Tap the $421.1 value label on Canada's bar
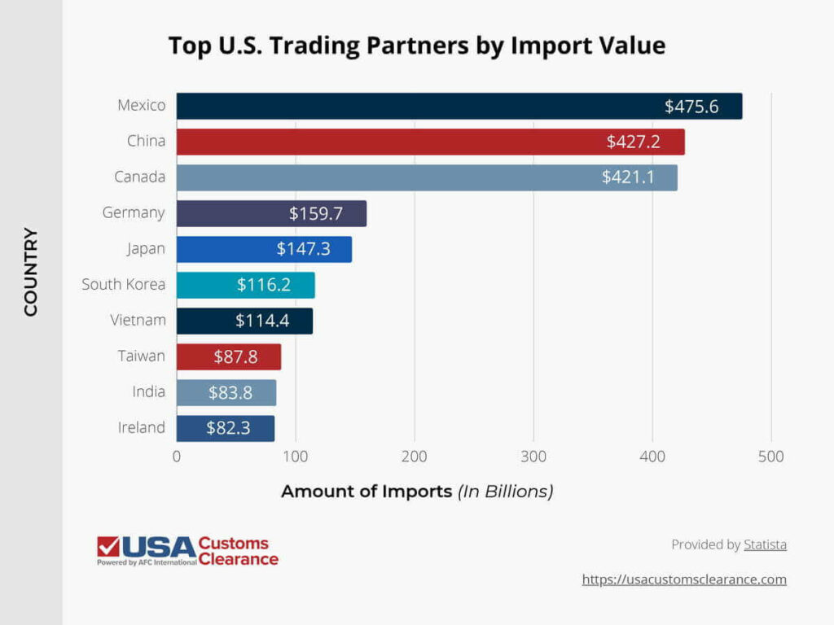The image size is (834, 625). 628,177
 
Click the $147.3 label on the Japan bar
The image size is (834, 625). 303,249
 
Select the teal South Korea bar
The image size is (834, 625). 245,285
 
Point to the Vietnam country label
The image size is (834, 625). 138,320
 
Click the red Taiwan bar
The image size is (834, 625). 228,356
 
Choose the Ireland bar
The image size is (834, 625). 226,428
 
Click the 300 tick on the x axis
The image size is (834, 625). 533,457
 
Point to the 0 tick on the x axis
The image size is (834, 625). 177,457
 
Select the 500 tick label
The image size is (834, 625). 771,457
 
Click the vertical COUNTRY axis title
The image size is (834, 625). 31,272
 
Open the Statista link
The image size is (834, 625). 765,544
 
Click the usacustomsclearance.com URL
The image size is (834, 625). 684,579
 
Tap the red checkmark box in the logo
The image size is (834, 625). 108,547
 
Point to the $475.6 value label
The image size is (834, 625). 691,106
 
